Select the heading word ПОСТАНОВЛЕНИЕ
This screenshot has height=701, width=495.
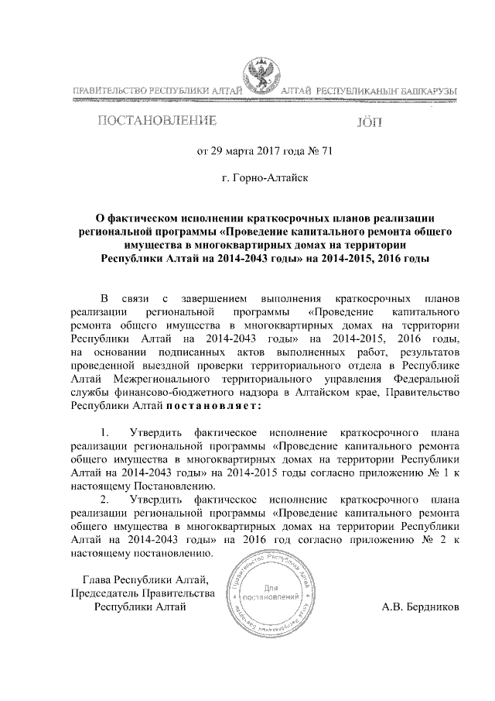tap(154, 122)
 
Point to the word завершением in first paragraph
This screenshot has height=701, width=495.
tap(214, 298)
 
